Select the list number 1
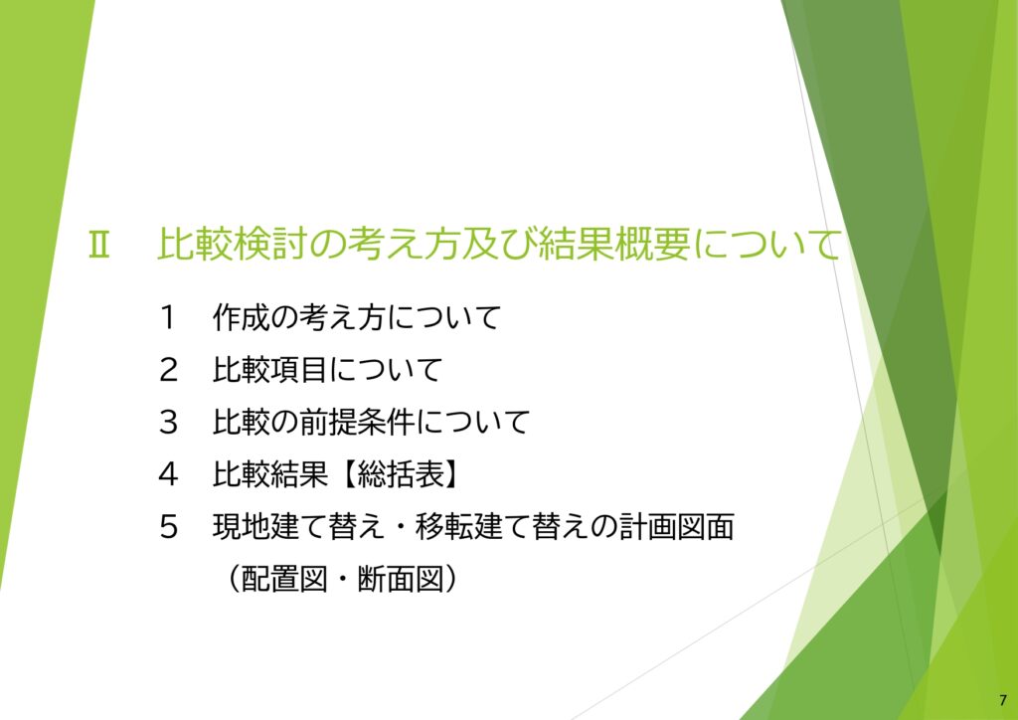[x=166, y=318]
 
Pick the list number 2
[x=166, y=371]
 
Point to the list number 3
[x=166, y=423]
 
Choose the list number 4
[x=166, y=475]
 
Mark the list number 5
[x=166, y=527]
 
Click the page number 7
[x=1001, y=699]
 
